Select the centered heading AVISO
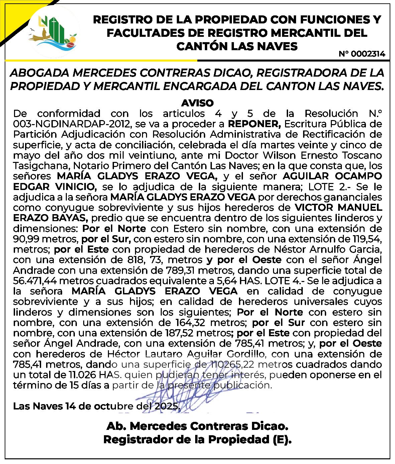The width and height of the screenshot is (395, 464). tap(197, 102)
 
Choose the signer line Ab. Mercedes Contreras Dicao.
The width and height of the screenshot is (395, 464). tap(197, 427)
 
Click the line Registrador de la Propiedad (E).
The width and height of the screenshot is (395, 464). tap(197, 439)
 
